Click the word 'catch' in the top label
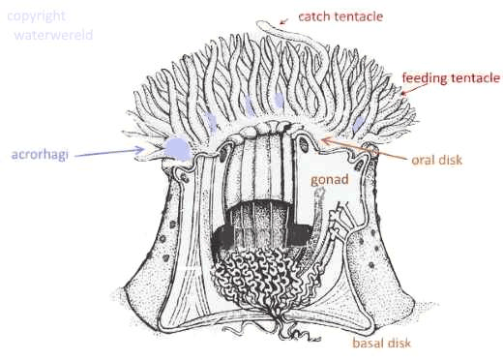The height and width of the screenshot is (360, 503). (312, 16)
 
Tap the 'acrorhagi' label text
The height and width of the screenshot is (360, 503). (40, 155)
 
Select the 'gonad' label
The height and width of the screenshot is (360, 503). (330, 180)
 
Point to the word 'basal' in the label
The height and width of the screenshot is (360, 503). (368, 343)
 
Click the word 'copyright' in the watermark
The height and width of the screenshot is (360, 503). (36, 16)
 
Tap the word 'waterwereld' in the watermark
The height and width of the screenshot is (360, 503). (53, 35)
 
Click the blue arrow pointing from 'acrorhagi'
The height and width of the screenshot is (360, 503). (109, 152)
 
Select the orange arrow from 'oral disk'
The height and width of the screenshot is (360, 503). (365, 149)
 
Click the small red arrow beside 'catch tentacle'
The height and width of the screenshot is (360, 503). (283, 21)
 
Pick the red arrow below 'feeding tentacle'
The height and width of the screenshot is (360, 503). (413, 89)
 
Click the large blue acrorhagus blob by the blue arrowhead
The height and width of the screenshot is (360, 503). (177, 148)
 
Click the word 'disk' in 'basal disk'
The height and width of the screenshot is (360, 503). (399, 343)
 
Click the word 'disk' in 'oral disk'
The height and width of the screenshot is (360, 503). (450, 160)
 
